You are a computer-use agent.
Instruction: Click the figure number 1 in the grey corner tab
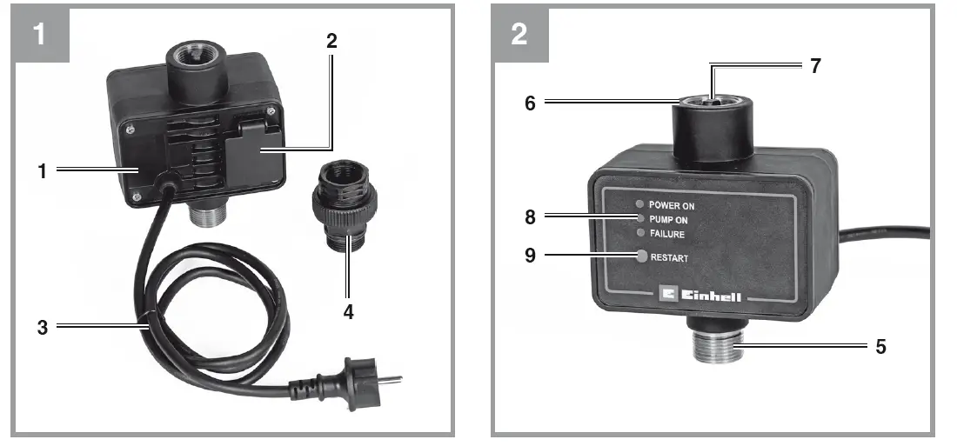(39, 34)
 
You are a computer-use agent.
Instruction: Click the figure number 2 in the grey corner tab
(519, 34)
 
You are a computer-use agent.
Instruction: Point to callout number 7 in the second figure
(815, 66)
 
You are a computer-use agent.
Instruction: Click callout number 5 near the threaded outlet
(881, 347)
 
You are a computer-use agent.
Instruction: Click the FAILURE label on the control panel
(667, 234)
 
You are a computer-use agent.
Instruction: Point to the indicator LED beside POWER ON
(641, 205)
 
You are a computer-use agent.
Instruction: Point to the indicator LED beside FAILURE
(641, 233)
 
